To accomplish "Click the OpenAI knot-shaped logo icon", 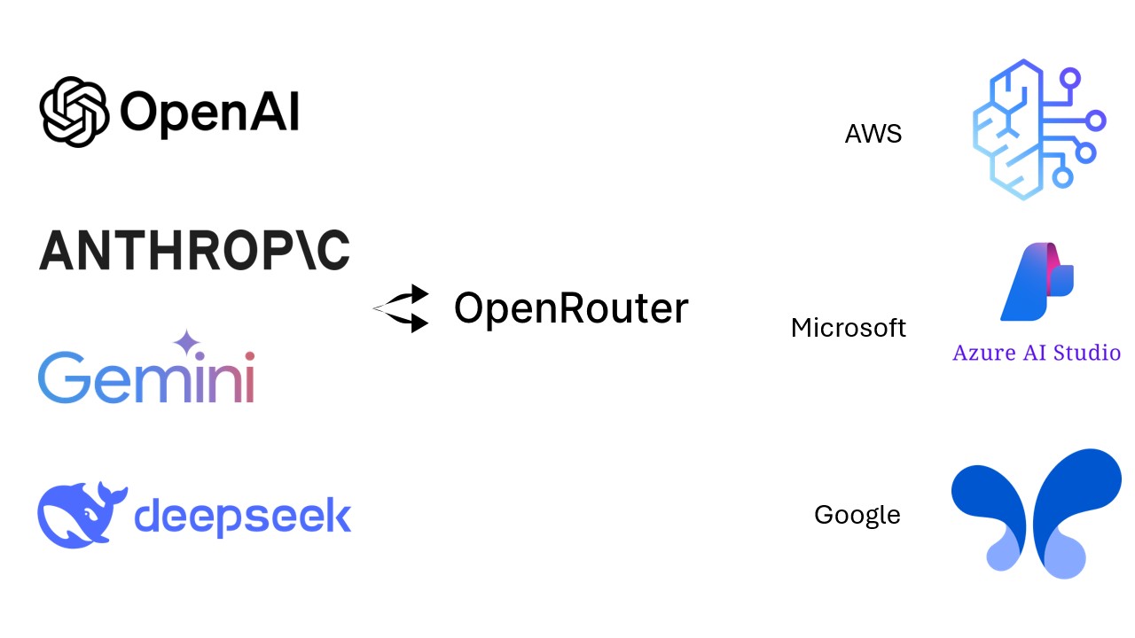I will (x=74, y=112).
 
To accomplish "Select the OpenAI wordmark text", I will (x=209, y=113).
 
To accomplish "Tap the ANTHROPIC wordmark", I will (x=194, y=249).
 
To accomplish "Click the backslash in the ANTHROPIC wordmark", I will (x=299, y=249).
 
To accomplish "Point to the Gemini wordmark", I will (x=146, y=377).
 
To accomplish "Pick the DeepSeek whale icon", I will (x=82, y=515).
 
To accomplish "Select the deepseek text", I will (x=242, y=515).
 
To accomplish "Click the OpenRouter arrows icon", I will (x=403, y=308).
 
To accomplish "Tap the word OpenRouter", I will (x=571, y=308).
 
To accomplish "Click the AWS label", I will (x=873, y=135).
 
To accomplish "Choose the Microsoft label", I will (x=849, y=328).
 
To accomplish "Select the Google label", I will (x=857, y=515).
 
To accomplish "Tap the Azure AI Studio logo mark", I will (x=1037, y=282).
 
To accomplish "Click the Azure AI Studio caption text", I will (x=1037, y=353).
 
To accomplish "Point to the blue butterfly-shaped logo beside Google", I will (x=1036, y=513).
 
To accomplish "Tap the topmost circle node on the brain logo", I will (x=1070, y=78).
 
